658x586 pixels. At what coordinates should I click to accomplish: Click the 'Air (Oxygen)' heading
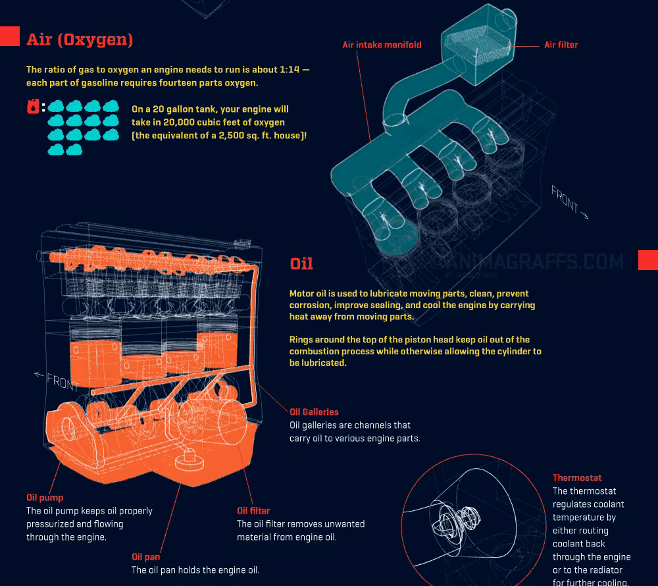pos(80,40)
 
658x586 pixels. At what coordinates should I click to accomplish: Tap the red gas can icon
pos(33,107)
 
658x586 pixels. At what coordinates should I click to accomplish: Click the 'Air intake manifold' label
pos(382,45)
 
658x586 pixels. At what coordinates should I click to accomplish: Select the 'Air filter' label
pos(561,45)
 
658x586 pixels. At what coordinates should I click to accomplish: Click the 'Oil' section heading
pos(301,264)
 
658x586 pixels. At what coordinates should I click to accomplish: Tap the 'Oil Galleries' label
pos(314,412)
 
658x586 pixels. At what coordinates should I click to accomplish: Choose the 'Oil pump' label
pos(45,498)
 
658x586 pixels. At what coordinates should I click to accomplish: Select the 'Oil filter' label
pos(253,510)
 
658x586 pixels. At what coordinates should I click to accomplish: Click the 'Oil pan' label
pos(145,557)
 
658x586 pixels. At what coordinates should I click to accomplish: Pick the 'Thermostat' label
pos(577,478)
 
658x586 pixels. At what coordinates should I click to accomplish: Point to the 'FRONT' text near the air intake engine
pos(566,200)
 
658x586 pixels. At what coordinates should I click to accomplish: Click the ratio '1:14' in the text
pos(285,69)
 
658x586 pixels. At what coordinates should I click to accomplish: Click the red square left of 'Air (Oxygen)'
pos(9,36)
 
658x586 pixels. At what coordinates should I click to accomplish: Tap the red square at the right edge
pos(648,260)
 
